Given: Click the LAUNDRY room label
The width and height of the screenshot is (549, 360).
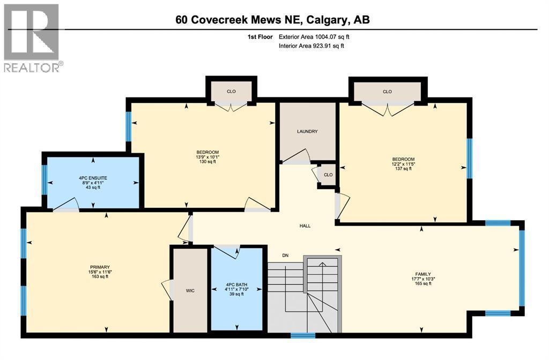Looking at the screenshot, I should [x=308, y=131].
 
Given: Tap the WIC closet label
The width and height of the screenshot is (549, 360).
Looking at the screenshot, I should [x=190, y=290].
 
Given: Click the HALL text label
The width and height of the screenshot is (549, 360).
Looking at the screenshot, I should [x=305, y=226].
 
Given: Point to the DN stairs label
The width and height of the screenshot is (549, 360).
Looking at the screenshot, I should [x=286, y=255].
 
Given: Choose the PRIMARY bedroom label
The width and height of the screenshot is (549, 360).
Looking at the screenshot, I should [x=100, y=267].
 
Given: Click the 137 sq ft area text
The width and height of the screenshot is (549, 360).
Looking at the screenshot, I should [x=403, y=169].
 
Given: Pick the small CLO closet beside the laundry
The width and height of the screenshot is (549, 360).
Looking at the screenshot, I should [x=328, y=175].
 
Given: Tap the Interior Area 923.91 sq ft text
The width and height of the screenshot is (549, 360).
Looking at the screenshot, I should [x=311, y=46].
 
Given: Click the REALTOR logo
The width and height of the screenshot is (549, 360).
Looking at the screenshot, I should [x=32, y=37].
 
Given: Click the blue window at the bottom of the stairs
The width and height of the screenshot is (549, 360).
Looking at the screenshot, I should [x=303, y=336].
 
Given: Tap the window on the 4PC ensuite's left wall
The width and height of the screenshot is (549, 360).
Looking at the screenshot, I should [x=44, y=179].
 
